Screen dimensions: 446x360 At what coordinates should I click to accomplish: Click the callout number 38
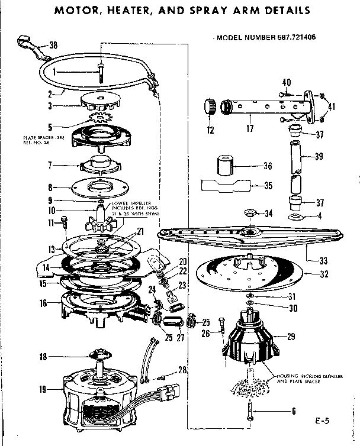53,45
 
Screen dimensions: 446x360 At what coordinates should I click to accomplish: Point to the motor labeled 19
95,390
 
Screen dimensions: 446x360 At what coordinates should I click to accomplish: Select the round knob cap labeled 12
209,107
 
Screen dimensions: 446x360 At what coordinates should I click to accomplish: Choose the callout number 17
249,127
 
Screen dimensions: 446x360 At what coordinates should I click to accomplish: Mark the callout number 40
287,82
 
